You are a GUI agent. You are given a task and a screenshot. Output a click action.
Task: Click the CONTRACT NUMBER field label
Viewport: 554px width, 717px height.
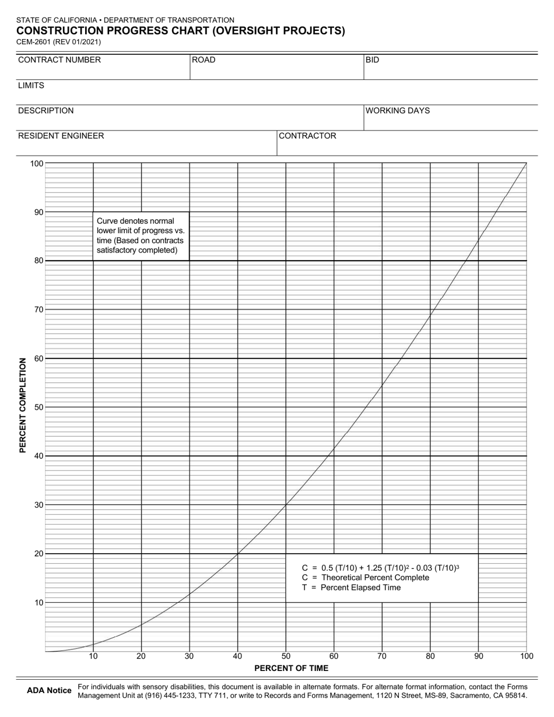pos(59,60)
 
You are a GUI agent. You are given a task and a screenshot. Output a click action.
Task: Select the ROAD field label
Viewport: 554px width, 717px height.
pos(204,60)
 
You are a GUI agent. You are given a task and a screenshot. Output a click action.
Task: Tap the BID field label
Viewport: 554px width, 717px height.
pos(373,60)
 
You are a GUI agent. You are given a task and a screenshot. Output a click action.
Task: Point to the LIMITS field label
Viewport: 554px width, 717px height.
pos(31,86)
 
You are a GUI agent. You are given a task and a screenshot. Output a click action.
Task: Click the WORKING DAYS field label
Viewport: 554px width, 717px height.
pos(398,111)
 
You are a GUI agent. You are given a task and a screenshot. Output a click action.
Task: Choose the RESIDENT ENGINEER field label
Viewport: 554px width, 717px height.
pos(61,136)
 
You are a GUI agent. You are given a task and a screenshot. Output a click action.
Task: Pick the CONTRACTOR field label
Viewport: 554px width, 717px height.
pos(308,136)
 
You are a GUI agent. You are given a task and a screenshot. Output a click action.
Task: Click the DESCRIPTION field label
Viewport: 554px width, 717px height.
pos(46,111)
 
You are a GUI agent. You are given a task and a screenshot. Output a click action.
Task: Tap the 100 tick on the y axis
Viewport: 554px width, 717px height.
pos(37,163)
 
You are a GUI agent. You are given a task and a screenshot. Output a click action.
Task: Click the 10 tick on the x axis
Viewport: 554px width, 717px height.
pos(93,656)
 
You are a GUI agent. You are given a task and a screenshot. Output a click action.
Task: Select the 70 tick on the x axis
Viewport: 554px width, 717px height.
pos(382,656)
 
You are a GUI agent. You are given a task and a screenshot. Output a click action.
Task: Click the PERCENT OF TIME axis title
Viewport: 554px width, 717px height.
pos(291,668)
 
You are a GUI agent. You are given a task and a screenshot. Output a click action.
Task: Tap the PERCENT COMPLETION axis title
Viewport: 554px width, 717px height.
pos(23,406)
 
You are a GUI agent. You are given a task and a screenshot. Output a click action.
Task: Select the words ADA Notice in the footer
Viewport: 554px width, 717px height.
pos(50,691)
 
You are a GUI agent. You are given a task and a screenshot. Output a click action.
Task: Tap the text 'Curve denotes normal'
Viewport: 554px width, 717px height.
pos(135,222)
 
